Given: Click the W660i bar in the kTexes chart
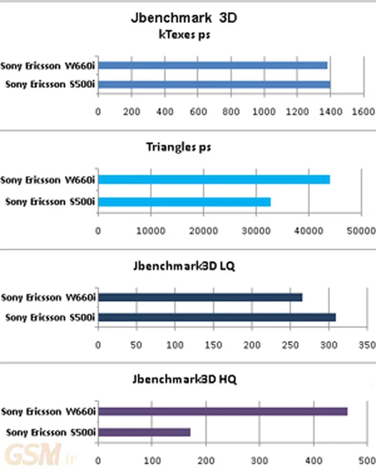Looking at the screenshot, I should click(213, 66).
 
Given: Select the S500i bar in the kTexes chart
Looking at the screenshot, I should click(214, 85).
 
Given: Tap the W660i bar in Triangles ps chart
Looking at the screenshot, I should click(214, 180).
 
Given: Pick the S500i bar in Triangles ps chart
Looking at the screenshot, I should click(184, 202).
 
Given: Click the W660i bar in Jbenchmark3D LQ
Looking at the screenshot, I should click(200, 297).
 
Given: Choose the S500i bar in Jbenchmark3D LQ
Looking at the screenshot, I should click(217, 317).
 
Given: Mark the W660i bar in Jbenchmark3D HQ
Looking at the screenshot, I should click(223, 411).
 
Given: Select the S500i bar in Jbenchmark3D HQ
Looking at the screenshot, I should click(144, 432).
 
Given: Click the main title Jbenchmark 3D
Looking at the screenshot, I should click(184, 18).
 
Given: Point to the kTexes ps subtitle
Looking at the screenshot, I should click(184, 35).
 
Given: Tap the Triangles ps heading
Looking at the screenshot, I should click(179, 147).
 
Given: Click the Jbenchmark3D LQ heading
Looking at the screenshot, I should click(184, 266).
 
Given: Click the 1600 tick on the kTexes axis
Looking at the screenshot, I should click(363, 111).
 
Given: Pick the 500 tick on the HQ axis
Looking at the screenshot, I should click(367, 461).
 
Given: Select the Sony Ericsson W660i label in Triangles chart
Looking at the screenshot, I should click(48, 180).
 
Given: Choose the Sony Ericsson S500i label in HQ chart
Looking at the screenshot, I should click(51, 433).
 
